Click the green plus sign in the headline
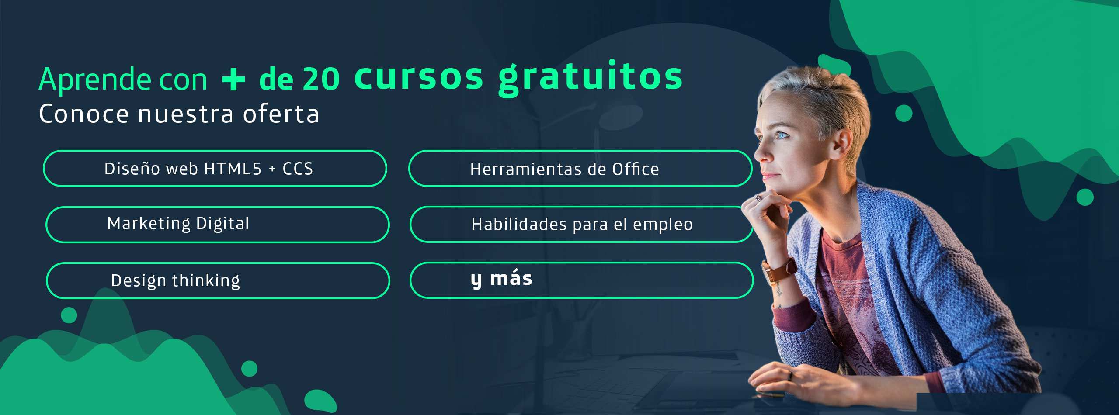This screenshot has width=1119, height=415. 233,79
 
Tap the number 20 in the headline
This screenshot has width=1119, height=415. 321,79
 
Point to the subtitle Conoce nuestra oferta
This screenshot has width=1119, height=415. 179,114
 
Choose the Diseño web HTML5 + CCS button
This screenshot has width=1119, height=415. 215,169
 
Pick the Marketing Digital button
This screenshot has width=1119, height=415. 217,225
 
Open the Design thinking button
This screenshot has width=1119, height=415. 218,280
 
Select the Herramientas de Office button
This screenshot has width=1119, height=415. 580,169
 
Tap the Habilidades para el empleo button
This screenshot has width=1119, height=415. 581,225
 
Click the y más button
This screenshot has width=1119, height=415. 581,280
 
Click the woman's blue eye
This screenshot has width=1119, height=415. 782,135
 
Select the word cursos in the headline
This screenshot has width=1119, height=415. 419,77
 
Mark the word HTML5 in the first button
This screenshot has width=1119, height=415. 233,169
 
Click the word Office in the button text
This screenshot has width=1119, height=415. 636,169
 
